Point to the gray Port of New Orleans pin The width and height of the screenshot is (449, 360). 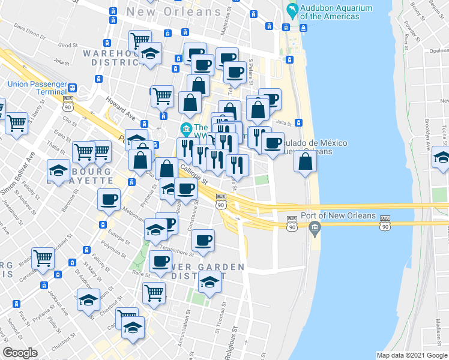tap(315, 227)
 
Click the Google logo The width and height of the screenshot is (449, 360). tap(20, 353)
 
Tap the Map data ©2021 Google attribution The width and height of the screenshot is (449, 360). tap(412, 355)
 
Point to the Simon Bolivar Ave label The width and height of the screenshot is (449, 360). tap(18, 175)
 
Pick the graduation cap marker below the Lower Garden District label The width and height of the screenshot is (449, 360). tap(209, 281)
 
